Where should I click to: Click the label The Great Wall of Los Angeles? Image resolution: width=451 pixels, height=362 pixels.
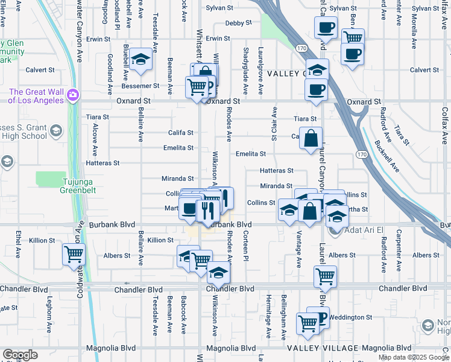(x=36, y=95)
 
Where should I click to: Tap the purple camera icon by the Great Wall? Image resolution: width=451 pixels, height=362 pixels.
(x=74, y=95)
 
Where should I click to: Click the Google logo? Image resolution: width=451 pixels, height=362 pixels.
(x=20, y=355)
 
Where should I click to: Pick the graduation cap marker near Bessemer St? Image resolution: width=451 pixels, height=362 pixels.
(x=141, y=59)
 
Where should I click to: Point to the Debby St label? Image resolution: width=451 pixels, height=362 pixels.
(x=238, y=23)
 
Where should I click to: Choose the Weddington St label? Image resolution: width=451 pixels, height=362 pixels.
(x=351, y=317)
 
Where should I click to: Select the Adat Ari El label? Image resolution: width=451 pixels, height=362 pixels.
(x=364, y=229)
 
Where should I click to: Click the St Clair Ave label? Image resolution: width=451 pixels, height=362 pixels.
(x=274, y=125)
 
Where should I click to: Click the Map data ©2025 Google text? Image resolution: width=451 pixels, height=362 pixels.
(x=413, y=357)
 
